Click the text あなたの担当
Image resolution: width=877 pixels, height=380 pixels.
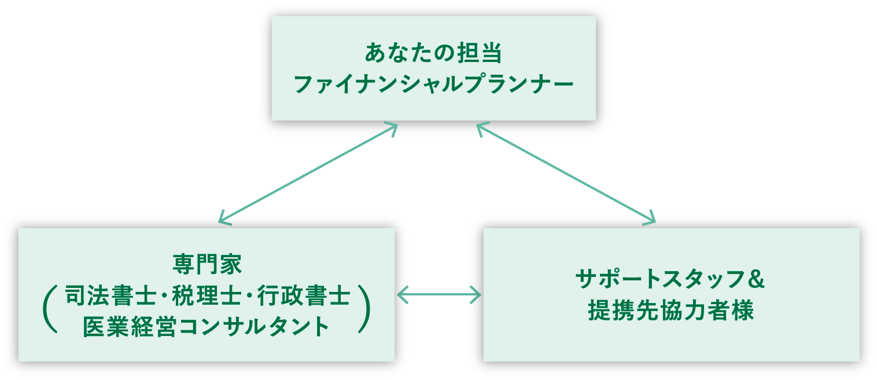[x=433, y=53]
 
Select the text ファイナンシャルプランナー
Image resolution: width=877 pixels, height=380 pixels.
[x=433, y=85]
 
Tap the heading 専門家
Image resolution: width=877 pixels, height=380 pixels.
[x=207, y=265]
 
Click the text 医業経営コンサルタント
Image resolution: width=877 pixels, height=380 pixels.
[x=207, y=327]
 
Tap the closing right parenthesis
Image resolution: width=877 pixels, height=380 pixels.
[x=364, y=308]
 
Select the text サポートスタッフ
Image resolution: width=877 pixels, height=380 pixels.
[x=659, y=280]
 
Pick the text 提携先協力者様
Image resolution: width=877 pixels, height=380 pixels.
[x=671, y=311]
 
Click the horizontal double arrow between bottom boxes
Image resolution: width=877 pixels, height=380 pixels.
[x=439, y=295]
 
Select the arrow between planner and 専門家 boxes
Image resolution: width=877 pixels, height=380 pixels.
[x=308, y=173]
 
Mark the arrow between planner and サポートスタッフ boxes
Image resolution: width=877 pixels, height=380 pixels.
[x=566, y=173]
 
